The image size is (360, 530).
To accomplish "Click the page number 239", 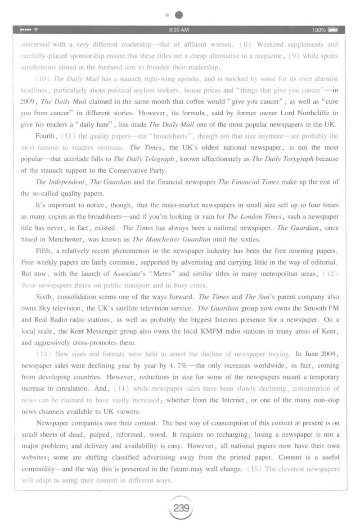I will pyautogui.click(x=180, y=509).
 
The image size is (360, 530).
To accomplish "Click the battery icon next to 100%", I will pyautogui.click(x=333, y=30).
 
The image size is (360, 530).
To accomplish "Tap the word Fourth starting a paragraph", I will pyautogui.click(x=45, y=136).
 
